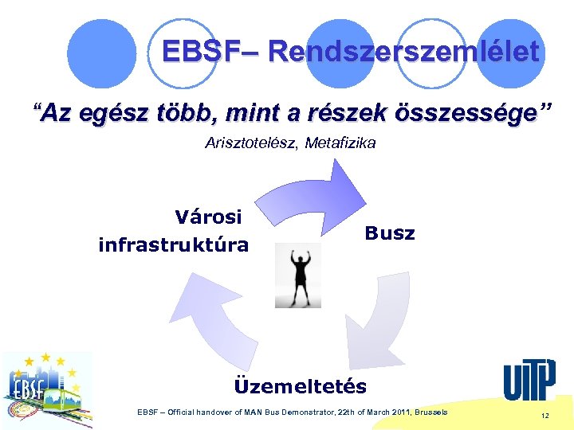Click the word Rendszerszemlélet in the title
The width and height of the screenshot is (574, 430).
coord(404,53)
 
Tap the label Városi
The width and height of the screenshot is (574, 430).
coord(208,216)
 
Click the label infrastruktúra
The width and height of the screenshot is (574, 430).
coord(173,244)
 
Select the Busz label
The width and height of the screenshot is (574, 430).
coord(390,233)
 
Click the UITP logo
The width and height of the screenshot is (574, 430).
coord(529,380)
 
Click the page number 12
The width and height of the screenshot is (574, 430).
coord(545,416)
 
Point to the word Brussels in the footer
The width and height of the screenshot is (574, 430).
coord(430,412)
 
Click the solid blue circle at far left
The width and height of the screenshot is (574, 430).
coord(101,53)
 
